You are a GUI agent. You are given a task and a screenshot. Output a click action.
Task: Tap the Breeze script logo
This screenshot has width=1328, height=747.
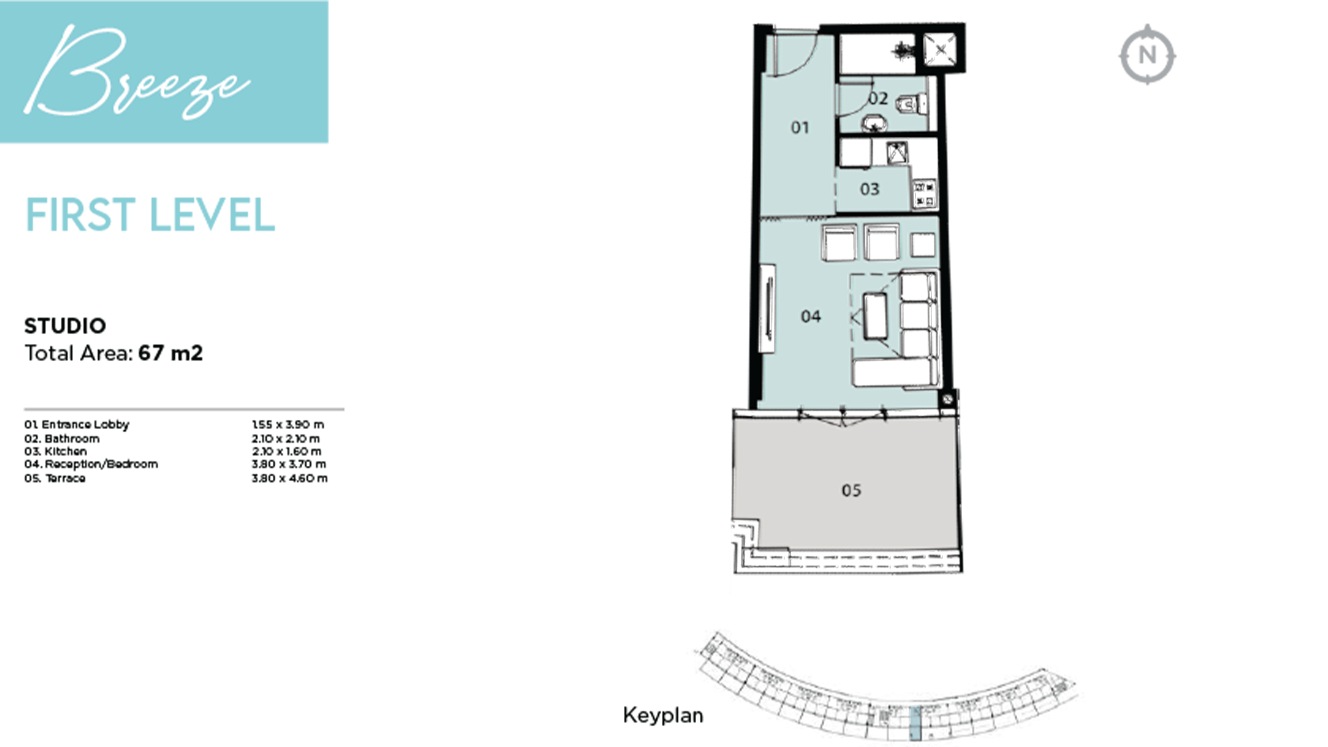coord(136,72)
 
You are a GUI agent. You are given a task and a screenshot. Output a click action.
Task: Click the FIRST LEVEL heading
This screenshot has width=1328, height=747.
coord(150,215)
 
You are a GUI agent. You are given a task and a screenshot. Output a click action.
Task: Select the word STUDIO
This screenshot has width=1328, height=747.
coord(65,326)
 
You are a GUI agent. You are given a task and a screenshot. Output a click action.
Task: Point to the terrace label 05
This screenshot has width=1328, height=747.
coord(851,490)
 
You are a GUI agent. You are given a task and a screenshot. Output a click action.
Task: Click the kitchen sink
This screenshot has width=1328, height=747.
coord(897,153)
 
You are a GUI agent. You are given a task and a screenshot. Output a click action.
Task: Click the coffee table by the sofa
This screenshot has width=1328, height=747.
coord(875,316)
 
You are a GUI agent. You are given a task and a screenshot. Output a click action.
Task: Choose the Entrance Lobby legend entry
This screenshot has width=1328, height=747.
coord(77,425)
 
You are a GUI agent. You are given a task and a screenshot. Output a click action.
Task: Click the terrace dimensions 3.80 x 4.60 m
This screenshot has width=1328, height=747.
coord(289,478)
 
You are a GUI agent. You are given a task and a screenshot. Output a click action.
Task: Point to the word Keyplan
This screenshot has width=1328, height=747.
coord(662,715)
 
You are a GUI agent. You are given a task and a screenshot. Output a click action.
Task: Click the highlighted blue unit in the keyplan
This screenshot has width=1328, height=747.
coord(915,724)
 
